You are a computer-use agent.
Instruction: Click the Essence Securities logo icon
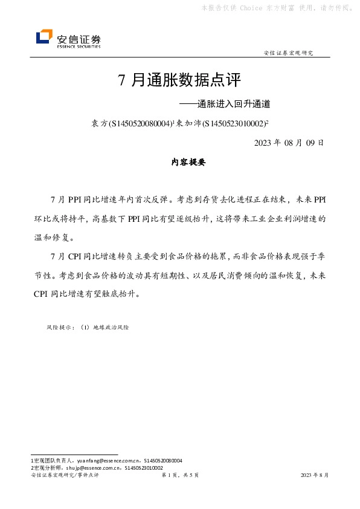(44, 37)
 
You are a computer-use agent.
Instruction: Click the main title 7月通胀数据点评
(179, 80)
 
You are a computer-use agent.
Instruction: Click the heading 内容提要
(188, 162)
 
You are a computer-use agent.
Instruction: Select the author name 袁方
(98, 123)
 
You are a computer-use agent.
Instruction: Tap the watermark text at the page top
(277, 8)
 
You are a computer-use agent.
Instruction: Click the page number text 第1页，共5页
(181, 476)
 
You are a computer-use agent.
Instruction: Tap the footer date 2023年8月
(315, 476)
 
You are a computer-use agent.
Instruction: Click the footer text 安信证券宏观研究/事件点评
(65, 476)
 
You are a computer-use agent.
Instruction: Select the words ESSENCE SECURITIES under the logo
(79, 45)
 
